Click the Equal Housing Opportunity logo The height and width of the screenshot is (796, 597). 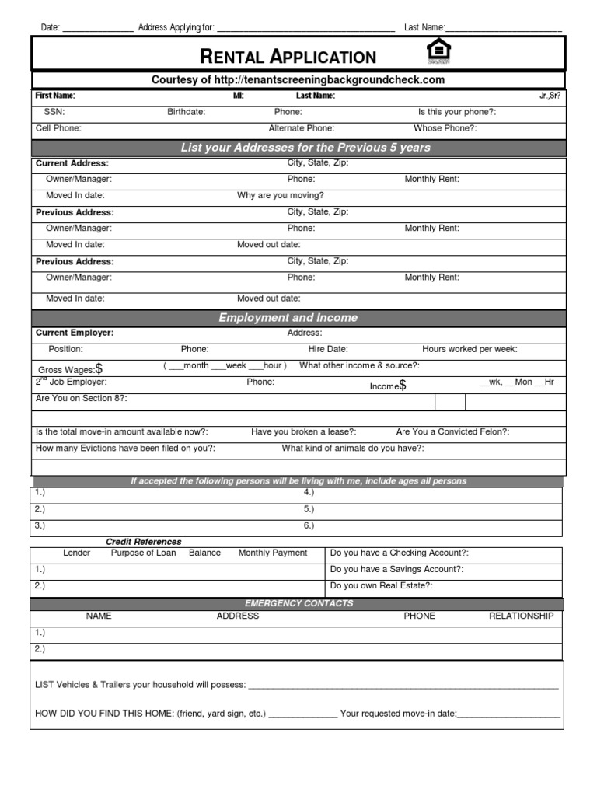(439, 52)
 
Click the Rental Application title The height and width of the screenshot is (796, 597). (288, 56)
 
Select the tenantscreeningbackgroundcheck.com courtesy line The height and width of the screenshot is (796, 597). (298, 80)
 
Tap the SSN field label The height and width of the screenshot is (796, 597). (54, 112)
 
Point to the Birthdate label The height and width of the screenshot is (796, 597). (187, 112)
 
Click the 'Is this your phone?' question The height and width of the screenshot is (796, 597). (457, 112)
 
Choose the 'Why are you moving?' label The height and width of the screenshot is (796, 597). (281, 196)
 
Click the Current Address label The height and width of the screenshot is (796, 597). (72, 163)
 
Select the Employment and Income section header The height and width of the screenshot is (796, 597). (288, 318)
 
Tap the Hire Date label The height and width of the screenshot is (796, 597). (328, 350)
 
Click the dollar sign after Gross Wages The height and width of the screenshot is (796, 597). (99, 369)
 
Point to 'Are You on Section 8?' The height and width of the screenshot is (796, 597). (82, 398)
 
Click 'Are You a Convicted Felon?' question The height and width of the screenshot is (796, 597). (452, 431)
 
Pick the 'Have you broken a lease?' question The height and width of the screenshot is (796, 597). (304, 431)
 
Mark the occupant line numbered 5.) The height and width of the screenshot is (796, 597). (309, 509)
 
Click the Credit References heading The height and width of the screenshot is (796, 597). (144, 542)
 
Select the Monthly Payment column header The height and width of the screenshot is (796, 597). (273, 553)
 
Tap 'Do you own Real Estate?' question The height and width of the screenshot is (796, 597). (381, 585)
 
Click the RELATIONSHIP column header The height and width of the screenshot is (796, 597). (521, 616)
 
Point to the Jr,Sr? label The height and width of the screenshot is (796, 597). (549, 96)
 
